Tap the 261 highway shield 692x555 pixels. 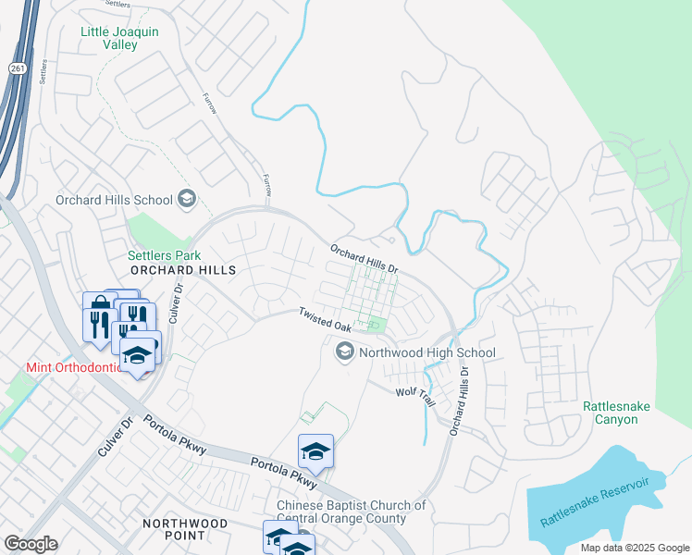(18, 68)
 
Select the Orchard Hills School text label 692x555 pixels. (114, 200)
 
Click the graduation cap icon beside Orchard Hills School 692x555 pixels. (187, 200)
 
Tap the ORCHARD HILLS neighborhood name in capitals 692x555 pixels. (183, 270)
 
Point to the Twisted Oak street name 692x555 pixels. (324, 321)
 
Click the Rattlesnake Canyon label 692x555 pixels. (611, 413)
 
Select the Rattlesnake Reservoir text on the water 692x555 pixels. (602, 503)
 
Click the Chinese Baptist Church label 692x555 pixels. (352, 512)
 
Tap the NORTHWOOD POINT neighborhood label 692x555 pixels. (184, 529)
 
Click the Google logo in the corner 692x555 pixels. (31, 544)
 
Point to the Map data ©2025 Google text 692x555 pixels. (634, 548)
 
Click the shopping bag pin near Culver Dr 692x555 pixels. (98, 305)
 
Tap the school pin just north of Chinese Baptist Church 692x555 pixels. (315, 451)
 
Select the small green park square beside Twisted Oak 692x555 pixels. (376, 325)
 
